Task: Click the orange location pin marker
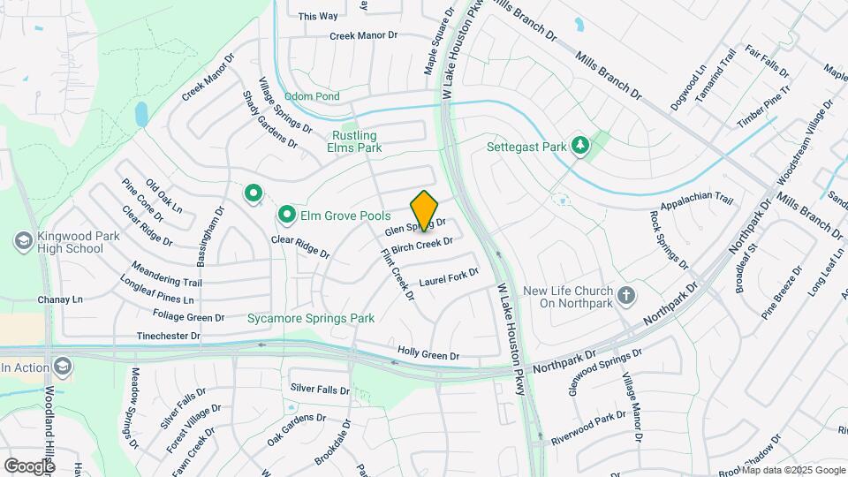[425, 210]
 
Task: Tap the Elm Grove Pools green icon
[287, 215]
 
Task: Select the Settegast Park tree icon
[580, 144]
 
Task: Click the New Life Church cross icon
[626, 295]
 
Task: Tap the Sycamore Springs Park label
[311, 318]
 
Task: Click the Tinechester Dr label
[169, 336]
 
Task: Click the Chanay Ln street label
[59, 300]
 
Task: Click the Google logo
[29, 466]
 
